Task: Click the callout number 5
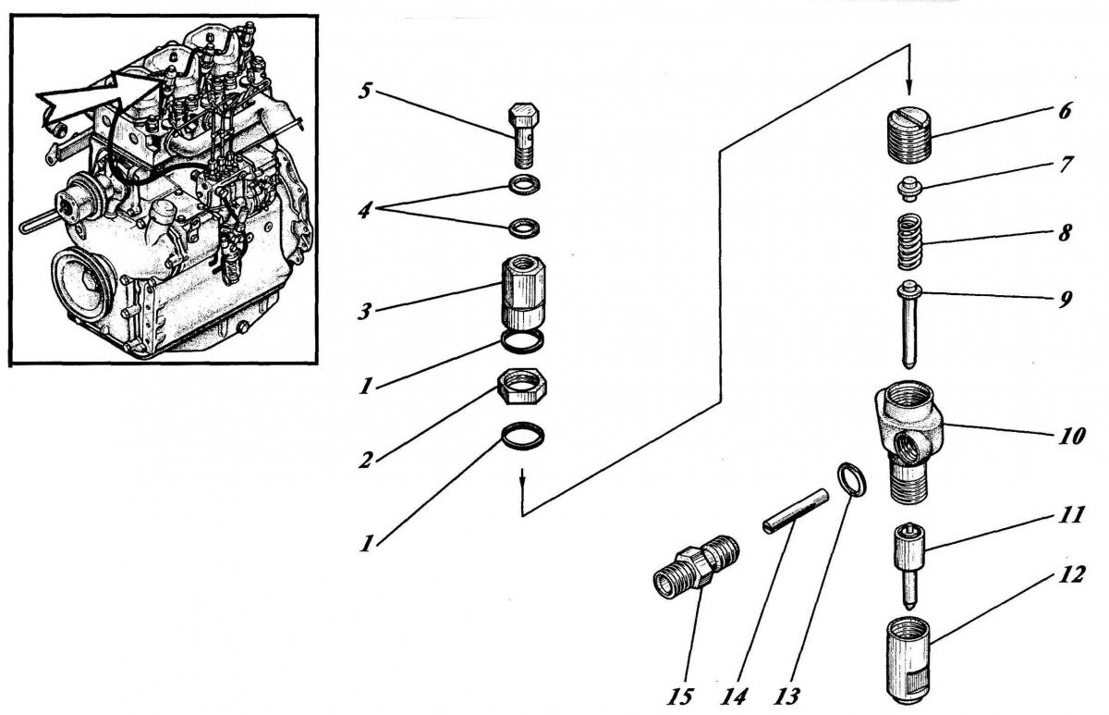(367, 92)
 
